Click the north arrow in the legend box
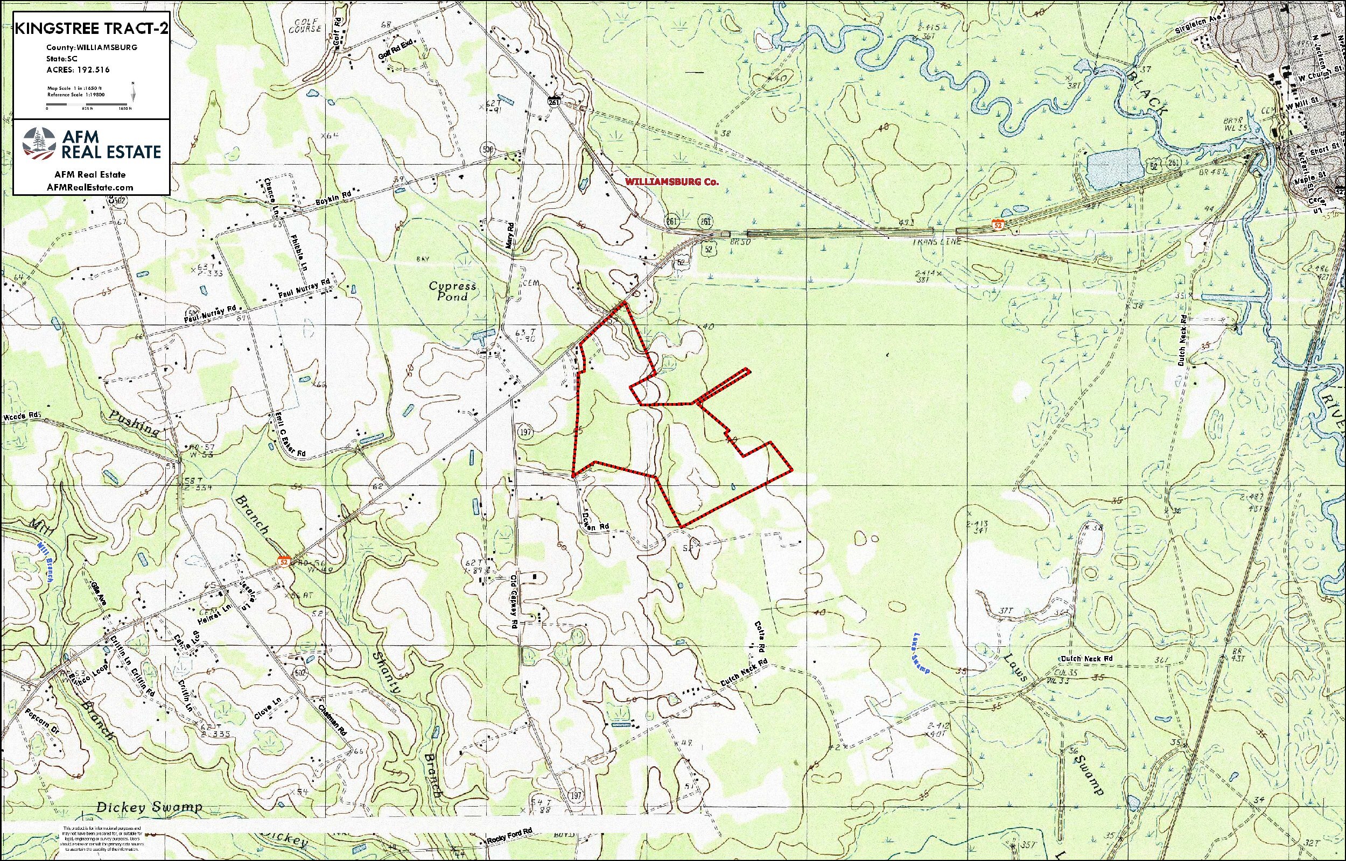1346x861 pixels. click(132, 90)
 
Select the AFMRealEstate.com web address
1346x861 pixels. click(91, 187)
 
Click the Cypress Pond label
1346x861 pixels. click(453, 291)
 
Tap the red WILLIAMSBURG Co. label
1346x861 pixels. click(671, 182)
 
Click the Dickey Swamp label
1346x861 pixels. click(149, 808)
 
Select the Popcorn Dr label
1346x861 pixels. click(42, 723)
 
